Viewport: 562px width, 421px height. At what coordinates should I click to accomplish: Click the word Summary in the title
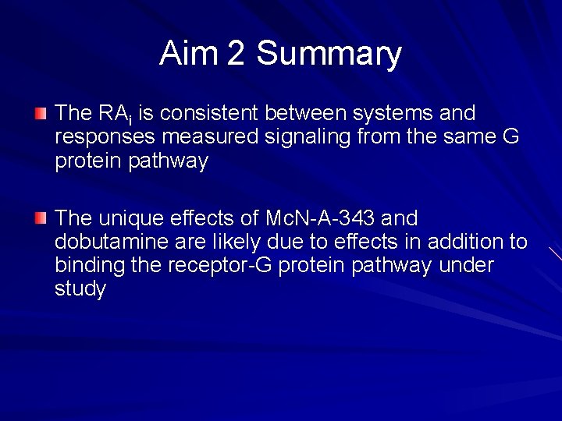pos(329,55)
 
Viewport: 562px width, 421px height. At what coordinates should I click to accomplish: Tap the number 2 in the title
pos(236,54)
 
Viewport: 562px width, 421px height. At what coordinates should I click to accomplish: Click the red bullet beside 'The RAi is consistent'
pos(41,114)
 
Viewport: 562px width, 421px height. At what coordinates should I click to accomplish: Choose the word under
pos(466,266)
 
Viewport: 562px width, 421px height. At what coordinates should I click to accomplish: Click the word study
pos(80,290)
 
